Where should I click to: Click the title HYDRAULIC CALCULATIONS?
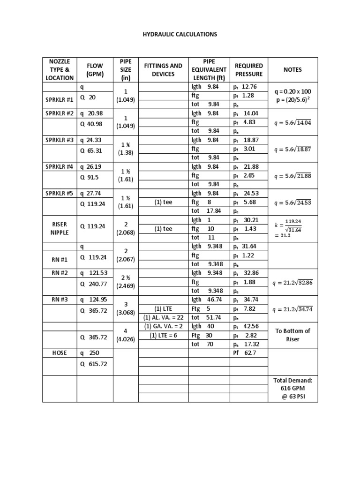180,35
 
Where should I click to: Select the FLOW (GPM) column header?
94,70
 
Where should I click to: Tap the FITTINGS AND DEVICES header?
163,70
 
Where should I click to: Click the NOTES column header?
292,70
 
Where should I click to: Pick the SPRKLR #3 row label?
60,140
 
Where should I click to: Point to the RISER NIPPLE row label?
60,228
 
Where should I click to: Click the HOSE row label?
60,352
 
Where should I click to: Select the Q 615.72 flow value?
94,364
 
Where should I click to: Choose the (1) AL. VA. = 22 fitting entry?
164,317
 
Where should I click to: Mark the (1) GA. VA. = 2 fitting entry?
163,326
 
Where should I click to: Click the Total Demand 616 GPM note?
292,389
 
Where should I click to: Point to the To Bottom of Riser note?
292,335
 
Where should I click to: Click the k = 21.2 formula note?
292,228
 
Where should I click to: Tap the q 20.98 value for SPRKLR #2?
91,113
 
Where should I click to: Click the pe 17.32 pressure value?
243,344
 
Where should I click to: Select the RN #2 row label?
60,273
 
